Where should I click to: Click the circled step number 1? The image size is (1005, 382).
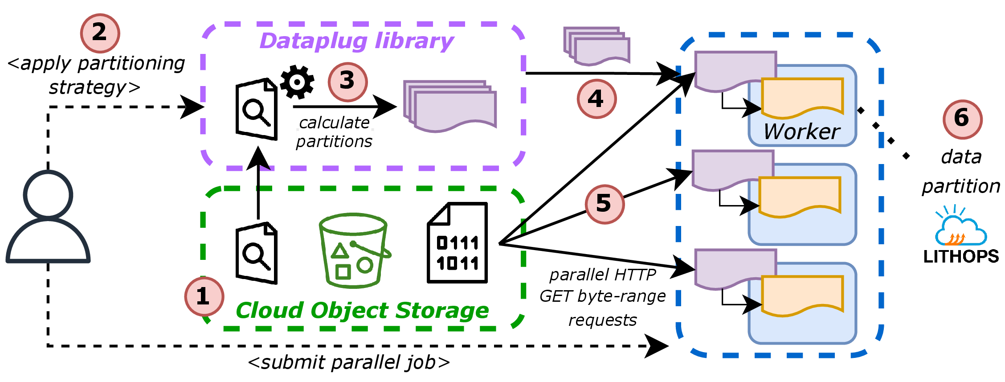point(204,296)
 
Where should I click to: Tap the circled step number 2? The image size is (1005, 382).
point(100,33)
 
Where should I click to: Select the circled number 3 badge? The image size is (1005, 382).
point(347,82)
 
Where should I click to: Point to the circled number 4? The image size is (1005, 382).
point(596,99)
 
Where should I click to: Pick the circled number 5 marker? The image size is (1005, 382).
point(605,204)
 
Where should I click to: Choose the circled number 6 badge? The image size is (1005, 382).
point(962,119)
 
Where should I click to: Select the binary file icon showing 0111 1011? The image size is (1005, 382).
point(458,243)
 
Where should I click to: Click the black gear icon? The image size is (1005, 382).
point(297,82)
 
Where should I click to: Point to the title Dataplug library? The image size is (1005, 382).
point(356,41)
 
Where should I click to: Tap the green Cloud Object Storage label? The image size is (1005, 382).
point(362,310)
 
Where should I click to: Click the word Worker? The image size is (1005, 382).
point(801,131)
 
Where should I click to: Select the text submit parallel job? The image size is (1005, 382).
point(349,362)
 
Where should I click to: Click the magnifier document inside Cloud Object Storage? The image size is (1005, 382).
point(257,253)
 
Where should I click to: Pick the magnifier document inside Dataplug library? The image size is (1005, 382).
point(257,110)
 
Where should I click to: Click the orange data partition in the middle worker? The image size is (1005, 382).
point(800,196)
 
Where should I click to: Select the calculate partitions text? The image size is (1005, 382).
point(334,132)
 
